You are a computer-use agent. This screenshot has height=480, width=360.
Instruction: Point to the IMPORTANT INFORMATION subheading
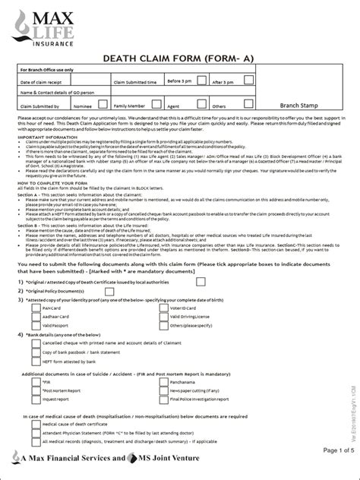tap(47, 136)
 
